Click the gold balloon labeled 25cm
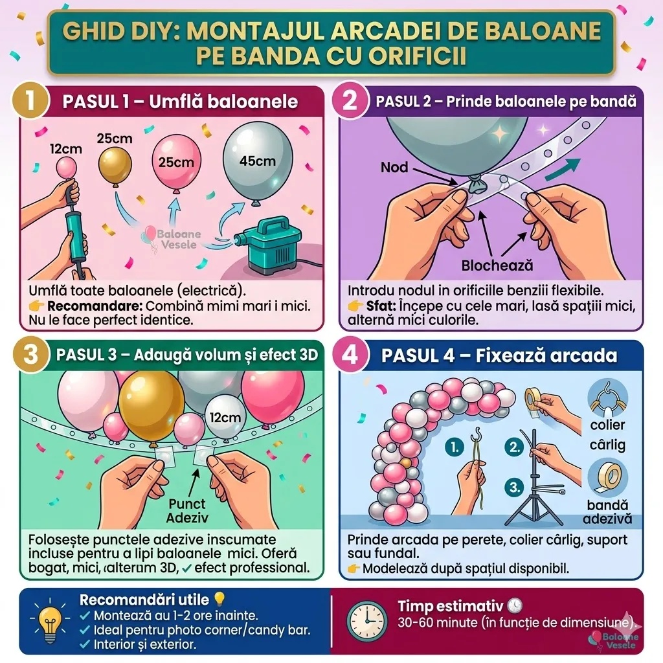[x=115, y=166]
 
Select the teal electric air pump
[x=268, y=244]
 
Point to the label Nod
[x=394, y=168]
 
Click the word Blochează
[x=497, y=265]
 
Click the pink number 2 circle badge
[x=349, y=102]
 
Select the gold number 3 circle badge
[x=30, y=354]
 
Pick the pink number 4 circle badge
[x=350, y=354]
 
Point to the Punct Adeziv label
[x=187, y=511]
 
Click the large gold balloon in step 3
[x=151, y=407]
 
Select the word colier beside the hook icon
[x=607, y=425]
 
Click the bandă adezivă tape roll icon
[x=607, y=477]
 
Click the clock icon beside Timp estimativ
[x=367, y=621]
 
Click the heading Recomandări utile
[x=144, y=600]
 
